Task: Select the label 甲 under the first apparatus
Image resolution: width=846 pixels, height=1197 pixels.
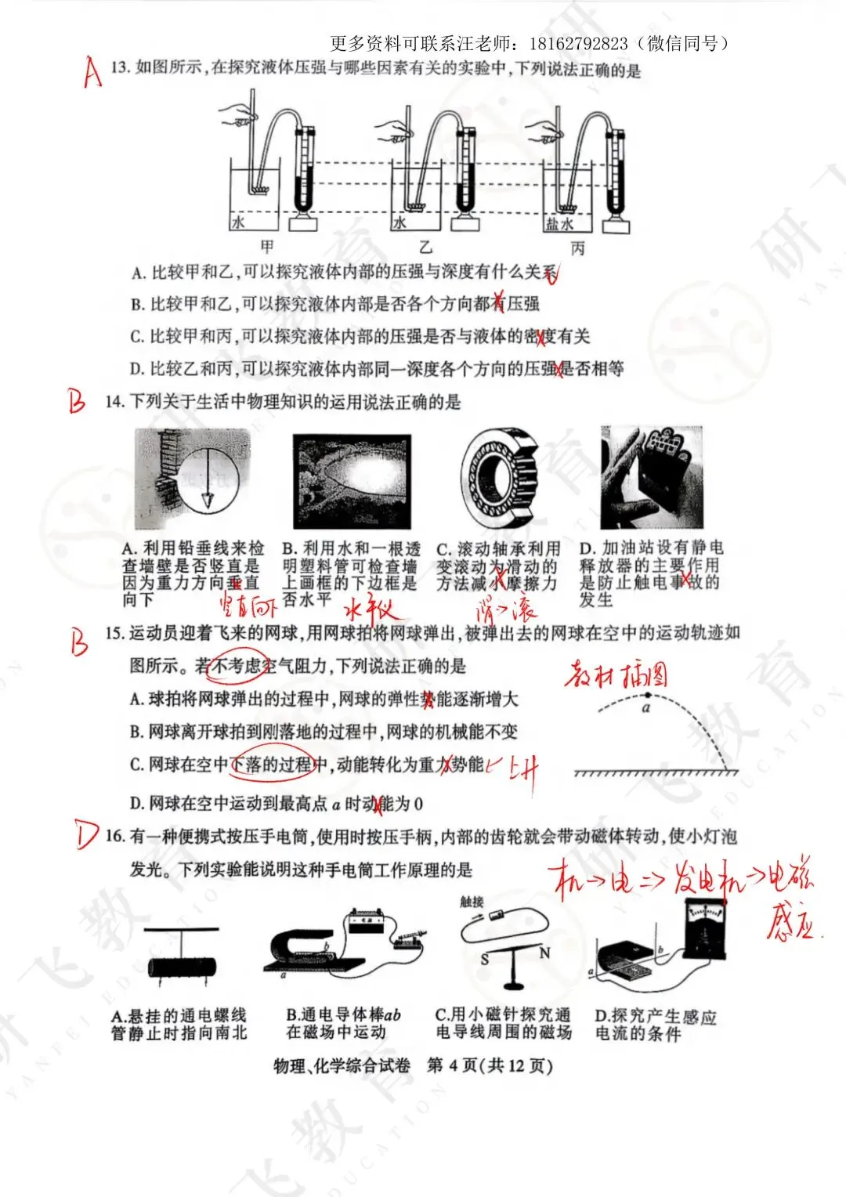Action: pyautogui.click(x=267, y=247)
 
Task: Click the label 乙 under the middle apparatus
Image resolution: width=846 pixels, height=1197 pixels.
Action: pyautogui.click(x=425, y=248)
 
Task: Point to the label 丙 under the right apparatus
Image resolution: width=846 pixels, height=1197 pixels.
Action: pyautogui.click(x=577, y=248)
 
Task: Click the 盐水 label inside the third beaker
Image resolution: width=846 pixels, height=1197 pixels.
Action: pyautogui.click(x=559, y=224)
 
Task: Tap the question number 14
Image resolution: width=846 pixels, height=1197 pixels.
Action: pyautogui.click(x=115, y=402)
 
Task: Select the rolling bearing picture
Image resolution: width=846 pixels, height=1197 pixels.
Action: pyautogui.click(x=498, y=479)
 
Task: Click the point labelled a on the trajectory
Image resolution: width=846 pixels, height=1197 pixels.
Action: pyautogui.click(x=646, y=696)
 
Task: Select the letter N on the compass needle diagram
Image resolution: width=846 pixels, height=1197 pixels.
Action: pyautogui.click(x=544, y=953)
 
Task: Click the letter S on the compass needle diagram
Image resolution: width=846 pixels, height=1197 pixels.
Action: pyautogui.click(x=485, y=959)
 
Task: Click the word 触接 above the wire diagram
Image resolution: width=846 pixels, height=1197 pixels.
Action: pyautogui.click(x=472, y=902)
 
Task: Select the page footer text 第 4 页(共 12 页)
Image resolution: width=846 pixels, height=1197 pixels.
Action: pyautogui.click(x=490, y=1065)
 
